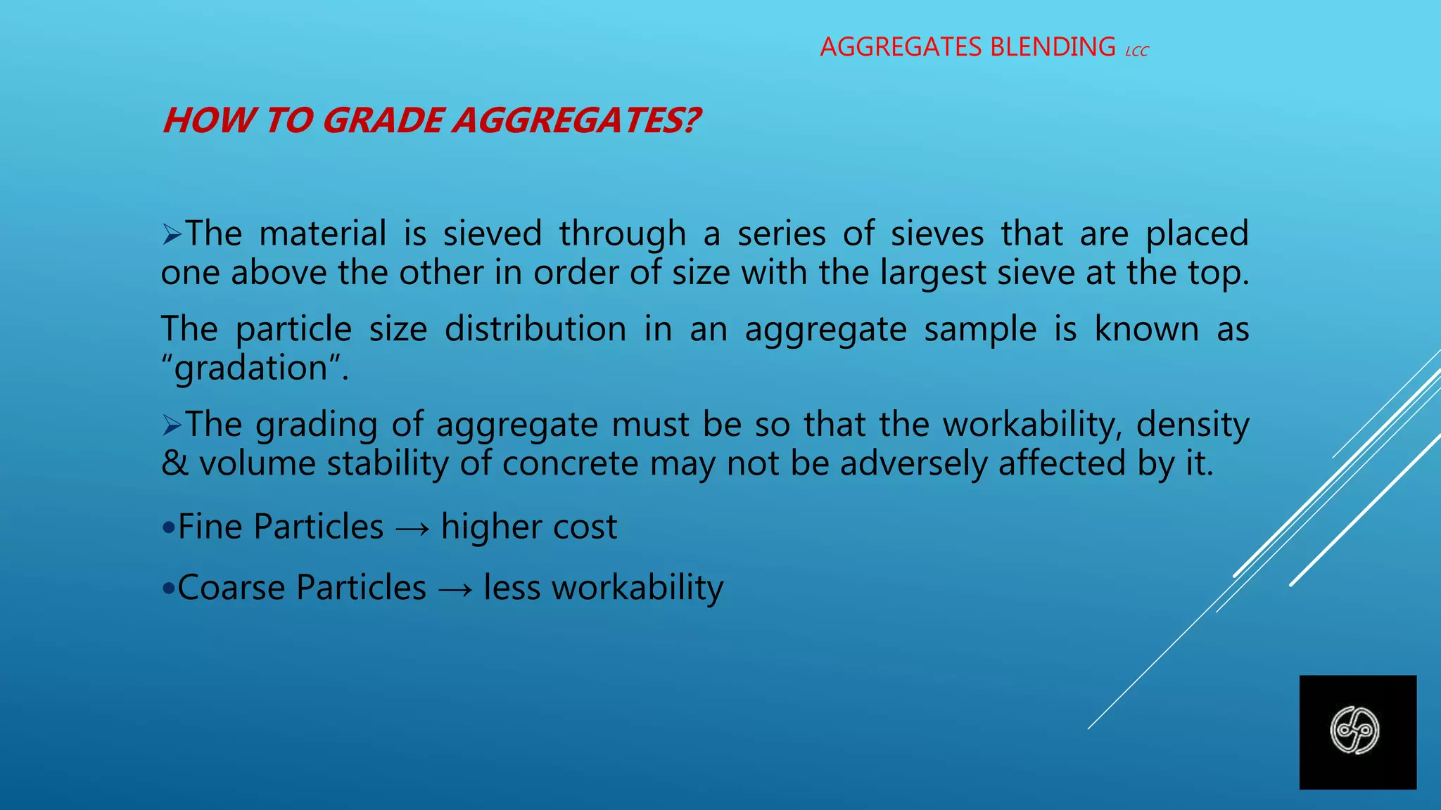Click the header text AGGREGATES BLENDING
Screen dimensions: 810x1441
(967, 47)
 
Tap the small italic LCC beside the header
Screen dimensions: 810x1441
(1137, 51)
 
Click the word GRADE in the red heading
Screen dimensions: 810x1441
(383, 120)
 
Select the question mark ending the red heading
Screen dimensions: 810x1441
(691, 120)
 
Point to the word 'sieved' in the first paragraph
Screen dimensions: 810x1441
(493, 233)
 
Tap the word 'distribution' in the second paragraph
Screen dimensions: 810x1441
(535, 329)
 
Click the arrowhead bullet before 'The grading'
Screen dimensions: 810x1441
(172, 425)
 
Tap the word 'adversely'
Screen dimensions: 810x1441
(913, 463)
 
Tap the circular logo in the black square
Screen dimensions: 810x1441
(1354, 731)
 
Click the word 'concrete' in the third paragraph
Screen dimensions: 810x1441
(570, 463)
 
